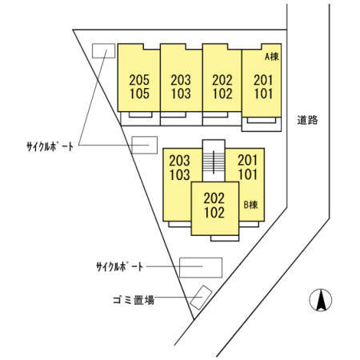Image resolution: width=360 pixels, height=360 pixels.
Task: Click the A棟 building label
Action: (271, 56)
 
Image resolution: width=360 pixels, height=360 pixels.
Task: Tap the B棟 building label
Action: (250, 205)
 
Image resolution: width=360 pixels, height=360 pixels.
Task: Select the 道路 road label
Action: (307, 120)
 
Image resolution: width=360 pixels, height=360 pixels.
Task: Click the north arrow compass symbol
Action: (321, 300)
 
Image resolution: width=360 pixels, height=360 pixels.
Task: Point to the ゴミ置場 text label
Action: (134, 300)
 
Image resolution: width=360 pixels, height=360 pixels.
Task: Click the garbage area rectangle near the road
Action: (201, 298)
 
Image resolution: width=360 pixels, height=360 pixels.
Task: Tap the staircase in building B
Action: (214, 162)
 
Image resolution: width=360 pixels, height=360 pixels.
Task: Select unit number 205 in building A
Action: (139, 80)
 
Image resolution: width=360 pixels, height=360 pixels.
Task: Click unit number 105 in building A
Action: (139, 94)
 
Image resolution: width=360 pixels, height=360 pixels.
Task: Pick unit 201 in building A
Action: (263, 80)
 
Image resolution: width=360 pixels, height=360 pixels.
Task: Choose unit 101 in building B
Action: (248, 174)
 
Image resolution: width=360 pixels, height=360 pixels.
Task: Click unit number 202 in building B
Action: (214, 198)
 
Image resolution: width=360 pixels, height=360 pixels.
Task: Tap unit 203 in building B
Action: (180, 161)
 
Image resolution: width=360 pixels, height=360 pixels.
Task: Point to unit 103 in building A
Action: (181, 94)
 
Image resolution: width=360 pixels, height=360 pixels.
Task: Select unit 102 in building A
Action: (222, 94)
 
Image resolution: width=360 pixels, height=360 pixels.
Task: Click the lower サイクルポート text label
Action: (120, 266)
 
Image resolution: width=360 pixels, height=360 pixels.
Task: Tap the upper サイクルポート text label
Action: (50, 146)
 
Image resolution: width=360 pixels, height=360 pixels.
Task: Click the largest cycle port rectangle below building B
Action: (201, 267)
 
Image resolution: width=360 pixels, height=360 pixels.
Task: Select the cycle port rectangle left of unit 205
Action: (103, 50)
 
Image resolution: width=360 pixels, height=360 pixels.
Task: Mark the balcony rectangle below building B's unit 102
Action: (225, 238)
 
